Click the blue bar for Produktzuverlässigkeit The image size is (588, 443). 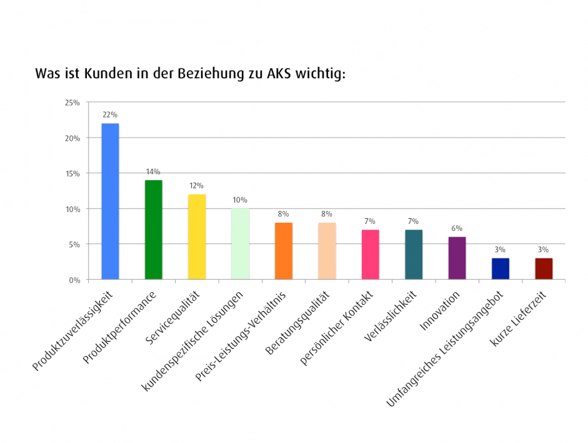pyautogui.click(x=110, y=201)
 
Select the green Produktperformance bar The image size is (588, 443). pyautogui.click(x=153, y=230)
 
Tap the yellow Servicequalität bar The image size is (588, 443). pyautogui.click(x=197, y=237)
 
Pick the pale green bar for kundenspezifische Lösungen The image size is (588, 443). pyautogui.click(x=240, y=244)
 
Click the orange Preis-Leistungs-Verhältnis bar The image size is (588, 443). pyautogui.click(x=284, y=251)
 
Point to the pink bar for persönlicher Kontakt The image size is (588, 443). pyautogui.click(x=370, y=254)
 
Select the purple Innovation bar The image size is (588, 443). pyautogui.click(x=457, y=258)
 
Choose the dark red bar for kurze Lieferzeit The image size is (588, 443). pyautogui.click(x=544, y=268)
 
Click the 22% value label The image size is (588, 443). pyautogui.click(x=110, y=115)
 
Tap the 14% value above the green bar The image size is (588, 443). pyautogui.click(x=153, y=171)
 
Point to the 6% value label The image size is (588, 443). pyautogui.click(x=457, y=228)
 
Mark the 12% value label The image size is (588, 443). pyautogui.click(x=197, y=186)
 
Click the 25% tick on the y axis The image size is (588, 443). pyautogui.click(x=72, y=103)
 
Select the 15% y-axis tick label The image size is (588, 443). pyautogui.click(x=72, y=173)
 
